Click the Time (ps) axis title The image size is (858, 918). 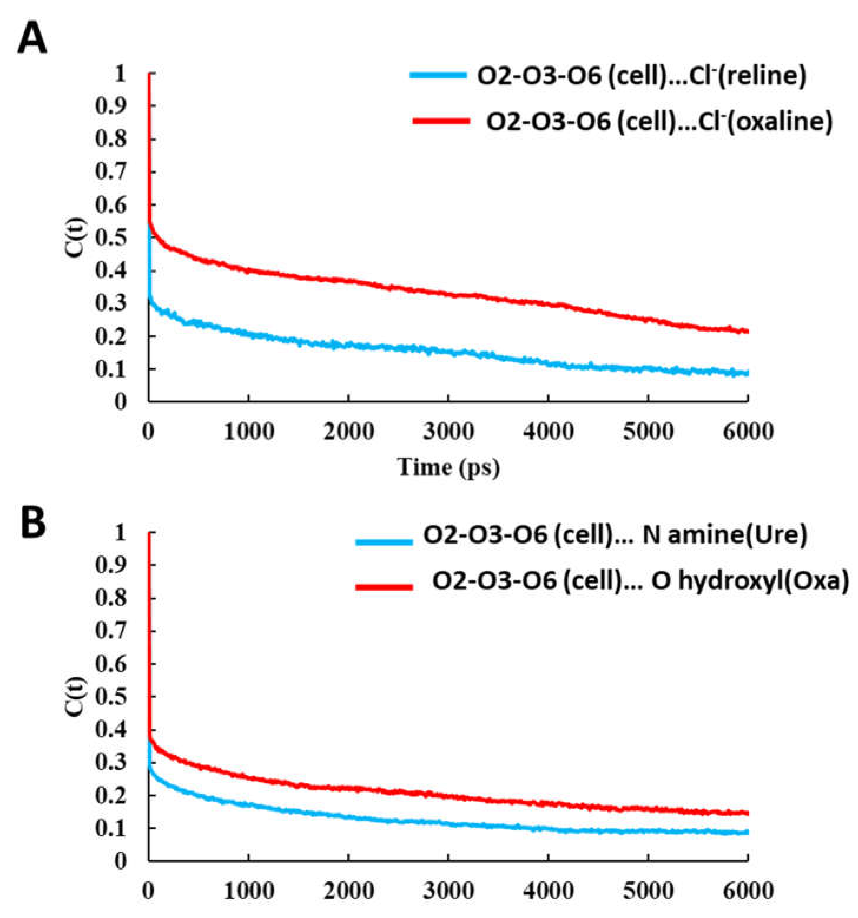(x=448, y=467)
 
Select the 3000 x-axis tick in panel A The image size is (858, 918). (x=448, y=432)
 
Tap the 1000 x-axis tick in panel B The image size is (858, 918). (x=249, y=891)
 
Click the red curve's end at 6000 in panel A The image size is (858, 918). (x=747, y=331)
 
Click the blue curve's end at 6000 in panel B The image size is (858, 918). (x=747, y=832)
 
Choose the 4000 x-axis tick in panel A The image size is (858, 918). (x=548, y=432)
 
